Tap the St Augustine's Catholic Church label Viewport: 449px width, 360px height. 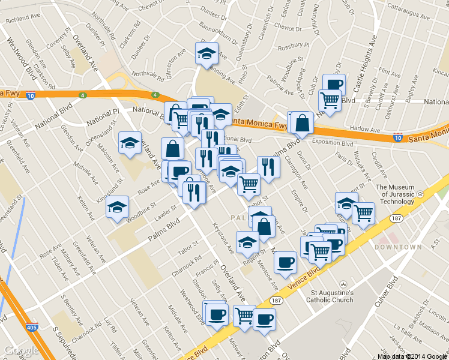330,296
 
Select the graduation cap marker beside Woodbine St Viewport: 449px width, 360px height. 117,207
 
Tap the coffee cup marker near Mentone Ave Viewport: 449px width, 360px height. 285,262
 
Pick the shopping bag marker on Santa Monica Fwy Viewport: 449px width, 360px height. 303,122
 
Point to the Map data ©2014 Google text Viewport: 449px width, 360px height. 411,356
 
